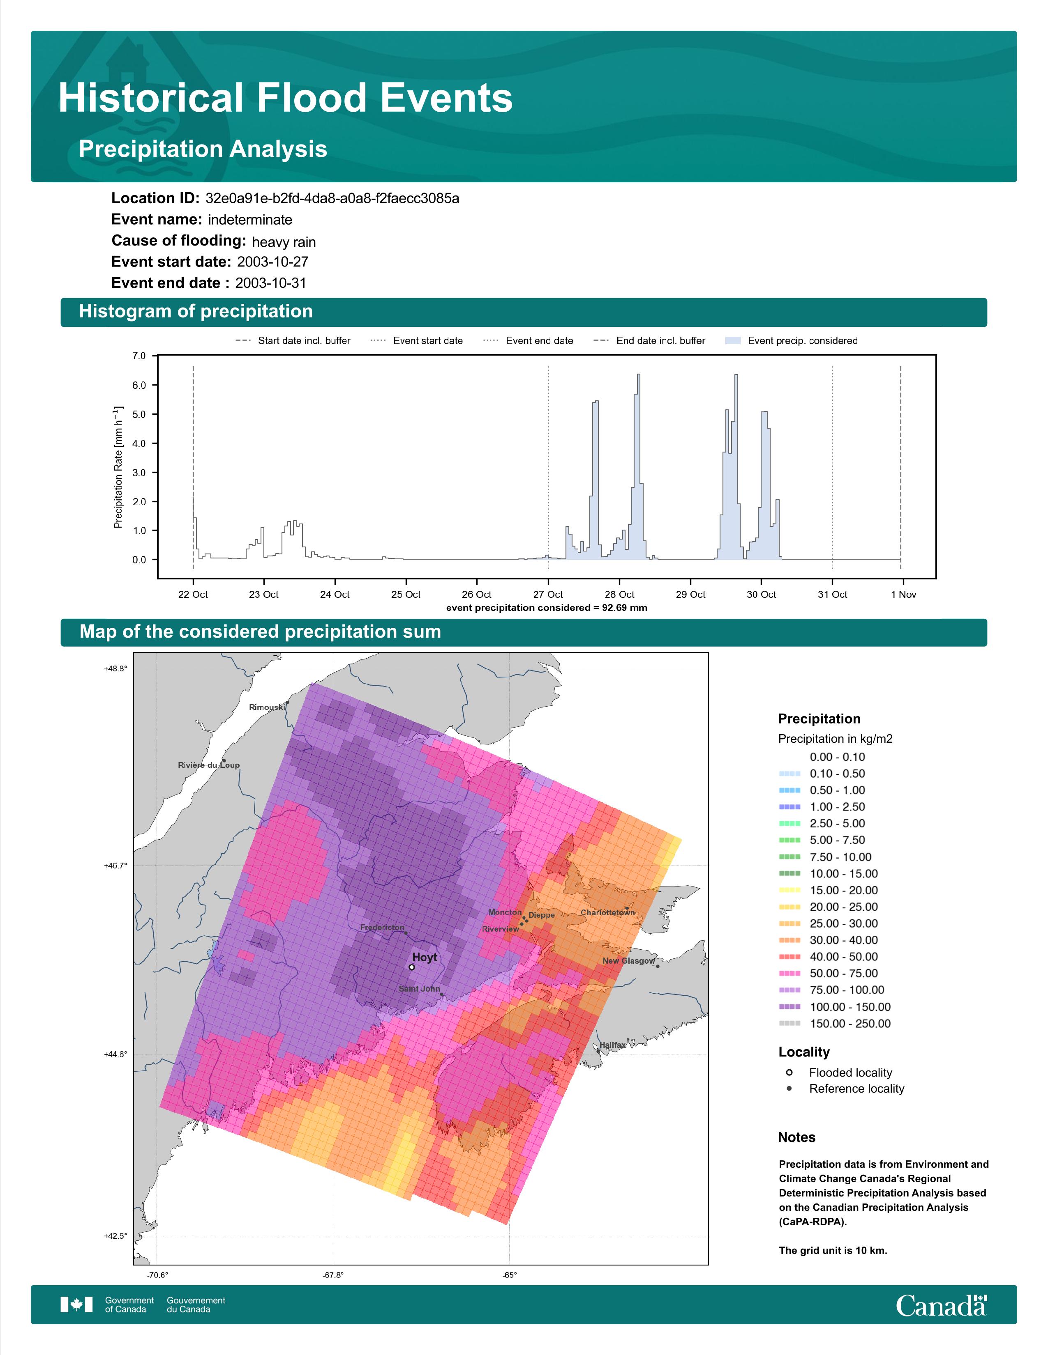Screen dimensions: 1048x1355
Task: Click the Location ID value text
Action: (332, 199)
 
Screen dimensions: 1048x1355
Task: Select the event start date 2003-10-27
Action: (272, 262)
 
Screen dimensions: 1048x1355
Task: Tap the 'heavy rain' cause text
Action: (284, 242)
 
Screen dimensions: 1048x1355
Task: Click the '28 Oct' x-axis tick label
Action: (619, 595)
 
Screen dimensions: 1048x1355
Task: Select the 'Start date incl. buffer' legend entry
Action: (293, 341)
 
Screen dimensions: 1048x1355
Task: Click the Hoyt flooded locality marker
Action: (412, 967)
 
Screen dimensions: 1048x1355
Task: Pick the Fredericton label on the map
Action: (382, 928)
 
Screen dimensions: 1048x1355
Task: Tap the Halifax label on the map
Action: (612, 1045)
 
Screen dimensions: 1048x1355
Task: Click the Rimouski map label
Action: (267, 707)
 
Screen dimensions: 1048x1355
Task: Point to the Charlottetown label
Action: (608, 913)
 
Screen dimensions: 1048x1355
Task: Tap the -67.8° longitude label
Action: (333, 1276)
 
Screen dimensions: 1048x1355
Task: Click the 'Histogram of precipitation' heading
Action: (196, 312)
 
